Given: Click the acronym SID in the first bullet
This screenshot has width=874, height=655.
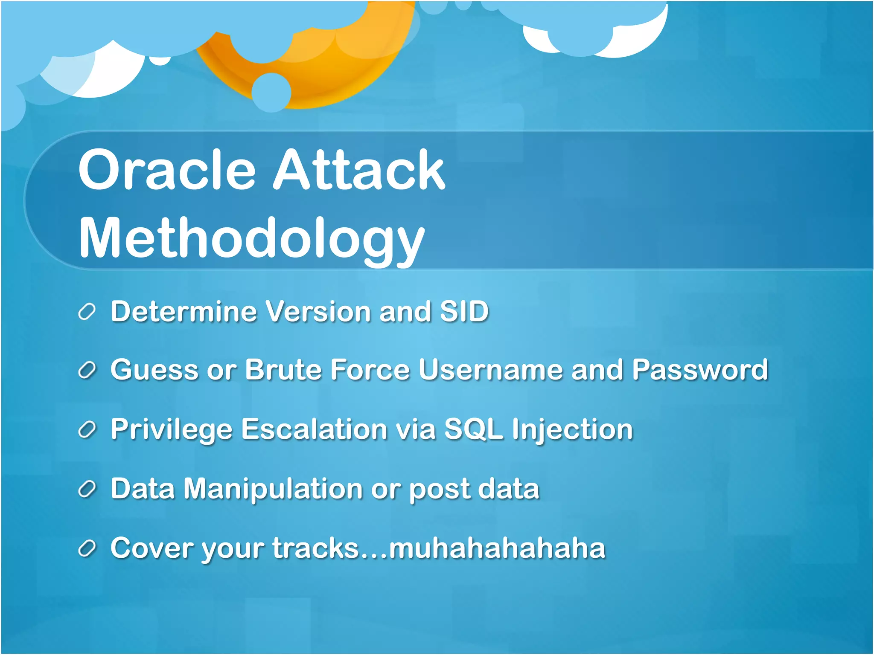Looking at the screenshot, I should (464, 311).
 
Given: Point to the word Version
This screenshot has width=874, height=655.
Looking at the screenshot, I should (318, 311).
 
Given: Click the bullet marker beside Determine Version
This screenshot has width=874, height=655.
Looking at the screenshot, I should (87, 312).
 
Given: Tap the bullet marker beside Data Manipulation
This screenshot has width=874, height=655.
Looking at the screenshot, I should (87, 490).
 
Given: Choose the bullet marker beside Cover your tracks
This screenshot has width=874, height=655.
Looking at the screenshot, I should (87, 549).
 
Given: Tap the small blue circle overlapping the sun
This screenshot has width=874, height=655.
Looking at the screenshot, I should (271, 93).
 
